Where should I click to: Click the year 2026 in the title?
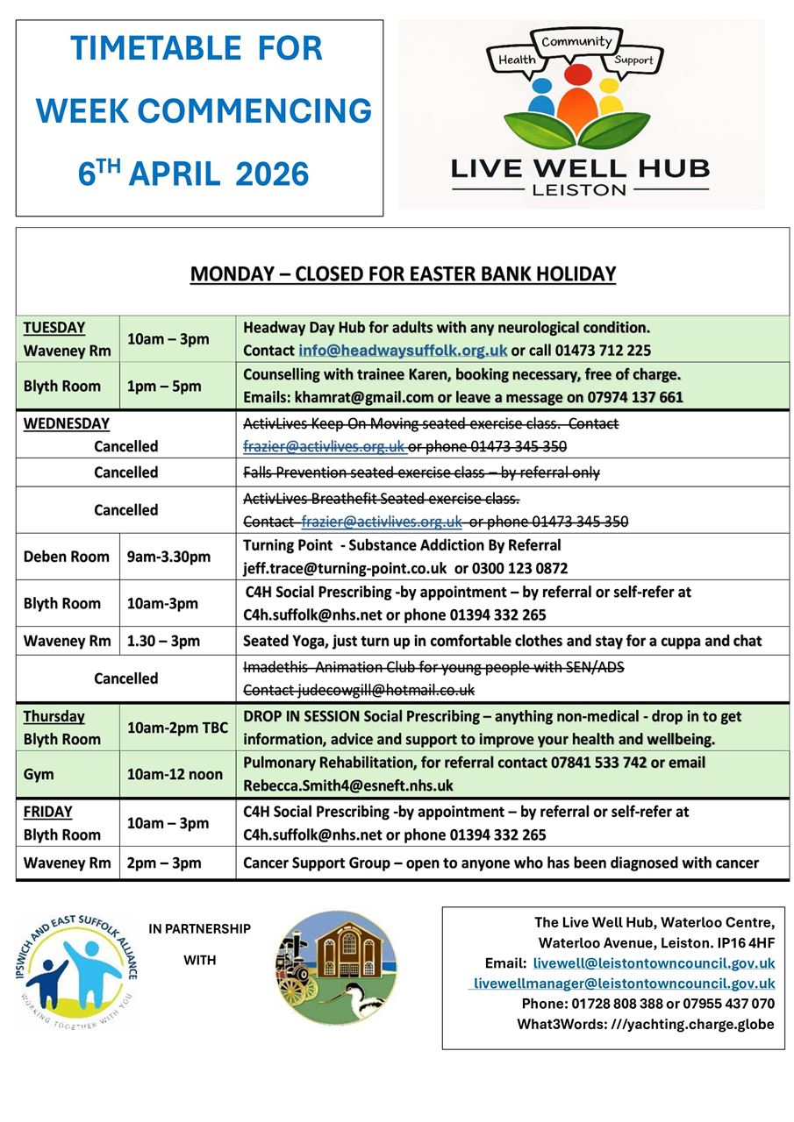(x=272, y=174)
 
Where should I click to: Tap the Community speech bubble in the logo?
(x=576, y=42)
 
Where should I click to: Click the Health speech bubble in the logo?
(x=517, y=60)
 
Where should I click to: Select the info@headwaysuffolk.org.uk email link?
(x=403, y=351)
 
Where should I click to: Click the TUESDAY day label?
(x=54, y=328)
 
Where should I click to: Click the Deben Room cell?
(x=66, y=557)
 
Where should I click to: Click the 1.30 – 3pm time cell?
(x=163, y=641)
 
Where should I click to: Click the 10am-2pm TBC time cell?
(x=177, y=728)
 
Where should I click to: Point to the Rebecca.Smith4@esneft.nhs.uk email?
(x=347, y=785)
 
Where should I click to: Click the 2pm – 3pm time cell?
(x=163, y=863)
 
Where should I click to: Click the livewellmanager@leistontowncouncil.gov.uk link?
(x=624, y=984)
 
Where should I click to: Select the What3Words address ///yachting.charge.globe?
(x=692, y=1024)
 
